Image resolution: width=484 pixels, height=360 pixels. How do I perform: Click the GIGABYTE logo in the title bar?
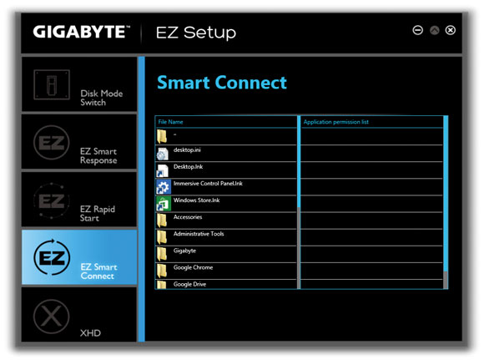pos(82,32)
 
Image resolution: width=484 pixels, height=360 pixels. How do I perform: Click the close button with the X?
pos(451,30)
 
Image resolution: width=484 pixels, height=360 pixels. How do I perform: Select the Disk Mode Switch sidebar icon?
pos(52,84)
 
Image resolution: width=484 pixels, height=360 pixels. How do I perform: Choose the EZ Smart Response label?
pos(98,155)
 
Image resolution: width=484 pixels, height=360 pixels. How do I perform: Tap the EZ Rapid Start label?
pos(98,214)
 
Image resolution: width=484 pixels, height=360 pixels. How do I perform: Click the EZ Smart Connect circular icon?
pos(52,257)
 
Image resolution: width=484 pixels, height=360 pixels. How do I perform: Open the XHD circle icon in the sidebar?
pos(51,316)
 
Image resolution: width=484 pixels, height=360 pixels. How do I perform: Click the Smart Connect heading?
pos(222,83)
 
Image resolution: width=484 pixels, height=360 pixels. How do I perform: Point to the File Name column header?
pos(170,122)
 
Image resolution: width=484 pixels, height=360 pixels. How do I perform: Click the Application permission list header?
pos(335,122)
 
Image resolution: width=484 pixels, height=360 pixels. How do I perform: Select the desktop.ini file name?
pos(187,150)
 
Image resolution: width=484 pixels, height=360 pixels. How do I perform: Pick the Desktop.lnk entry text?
pos(188,167)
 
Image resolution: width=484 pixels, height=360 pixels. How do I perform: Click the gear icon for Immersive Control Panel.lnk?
pos(163,186)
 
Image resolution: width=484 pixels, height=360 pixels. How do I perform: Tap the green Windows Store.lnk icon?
pos(164,203)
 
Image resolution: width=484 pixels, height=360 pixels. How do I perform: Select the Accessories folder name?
pos(188,217)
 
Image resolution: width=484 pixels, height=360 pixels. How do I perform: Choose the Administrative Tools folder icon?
pos(162,237)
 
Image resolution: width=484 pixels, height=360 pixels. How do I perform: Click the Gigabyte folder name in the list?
pos(184,251)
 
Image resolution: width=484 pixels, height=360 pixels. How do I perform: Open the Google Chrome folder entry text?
pos(193,267)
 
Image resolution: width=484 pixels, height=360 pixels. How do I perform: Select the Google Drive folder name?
pos(189,284)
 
